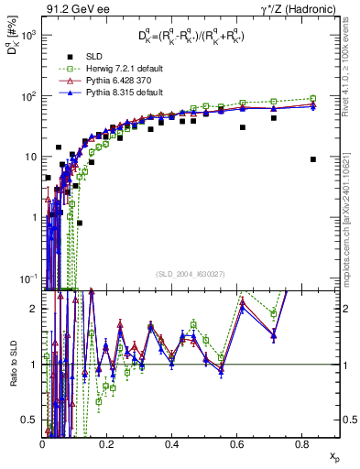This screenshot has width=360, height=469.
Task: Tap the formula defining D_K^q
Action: coord(194,36)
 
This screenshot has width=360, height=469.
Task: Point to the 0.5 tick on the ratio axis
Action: coord(29,420)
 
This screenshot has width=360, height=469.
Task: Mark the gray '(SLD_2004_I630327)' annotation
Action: coord(190,273)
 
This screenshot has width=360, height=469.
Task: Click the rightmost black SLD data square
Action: coord(313,158)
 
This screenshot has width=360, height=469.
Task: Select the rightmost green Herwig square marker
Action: coord(313,98)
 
